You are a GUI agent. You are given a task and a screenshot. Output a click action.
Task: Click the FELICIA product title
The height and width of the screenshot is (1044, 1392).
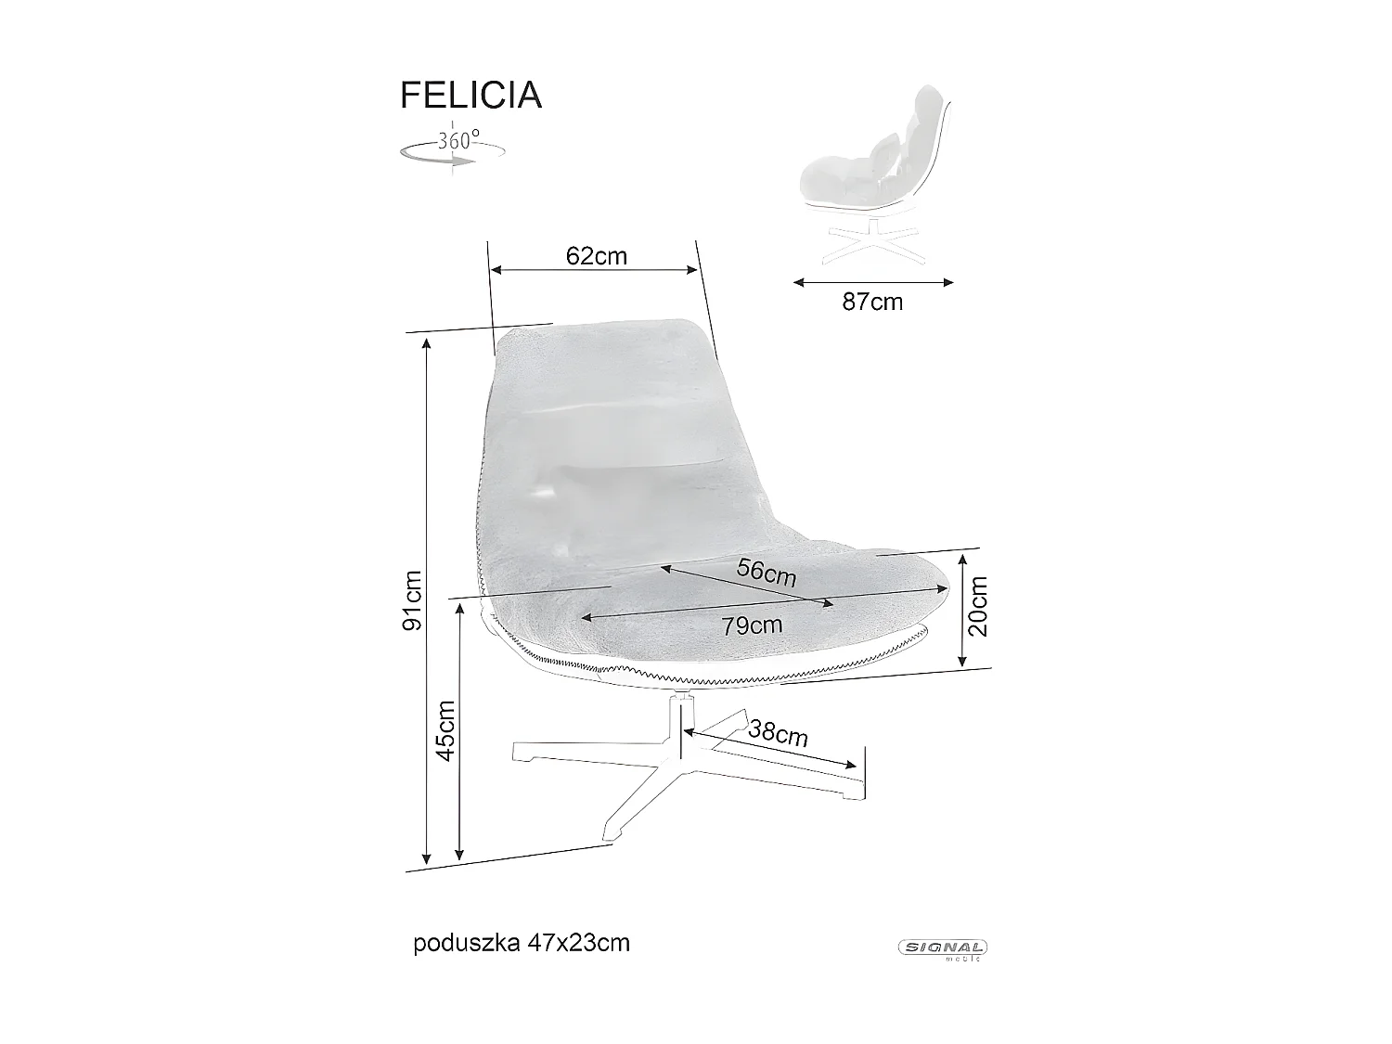pos(470,96)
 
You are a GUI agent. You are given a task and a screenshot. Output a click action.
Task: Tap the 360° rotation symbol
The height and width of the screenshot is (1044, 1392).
pos(452,148)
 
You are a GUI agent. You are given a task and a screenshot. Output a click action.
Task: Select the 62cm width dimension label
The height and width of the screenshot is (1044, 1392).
pos(596,255)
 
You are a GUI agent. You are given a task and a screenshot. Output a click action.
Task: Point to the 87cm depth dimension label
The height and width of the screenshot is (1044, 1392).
pos(872,302)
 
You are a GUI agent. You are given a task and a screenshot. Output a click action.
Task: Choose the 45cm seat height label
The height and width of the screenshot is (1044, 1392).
pos(445,729)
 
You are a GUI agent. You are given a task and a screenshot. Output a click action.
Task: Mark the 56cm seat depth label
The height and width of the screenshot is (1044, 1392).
pos(767,572)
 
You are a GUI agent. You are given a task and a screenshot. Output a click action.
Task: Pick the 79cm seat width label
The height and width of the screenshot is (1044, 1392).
pos(752,625)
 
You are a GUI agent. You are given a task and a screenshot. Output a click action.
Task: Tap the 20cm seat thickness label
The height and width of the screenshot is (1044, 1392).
pos(977,605)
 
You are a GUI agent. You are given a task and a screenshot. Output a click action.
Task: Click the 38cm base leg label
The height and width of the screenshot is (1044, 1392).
pos(778,734)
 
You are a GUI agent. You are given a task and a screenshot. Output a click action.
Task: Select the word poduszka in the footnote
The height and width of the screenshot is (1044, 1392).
pos(455,943)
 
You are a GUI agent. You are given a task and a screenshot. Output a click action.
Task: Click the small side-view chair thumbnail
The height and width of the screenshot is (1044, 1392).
pos(872,176)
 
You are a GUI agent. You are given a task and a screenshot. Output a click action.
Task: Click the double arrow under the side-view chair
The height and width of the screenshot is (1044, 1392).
pos(873,282)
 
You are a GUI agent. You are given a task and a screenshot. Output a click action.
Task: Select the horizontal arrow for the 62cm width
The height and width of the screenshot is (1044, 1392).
pos(594,270)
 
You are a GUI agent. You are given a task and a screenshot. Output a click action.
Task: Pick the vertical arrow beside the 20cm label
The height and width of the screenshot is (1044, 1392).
pos(962,609)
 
